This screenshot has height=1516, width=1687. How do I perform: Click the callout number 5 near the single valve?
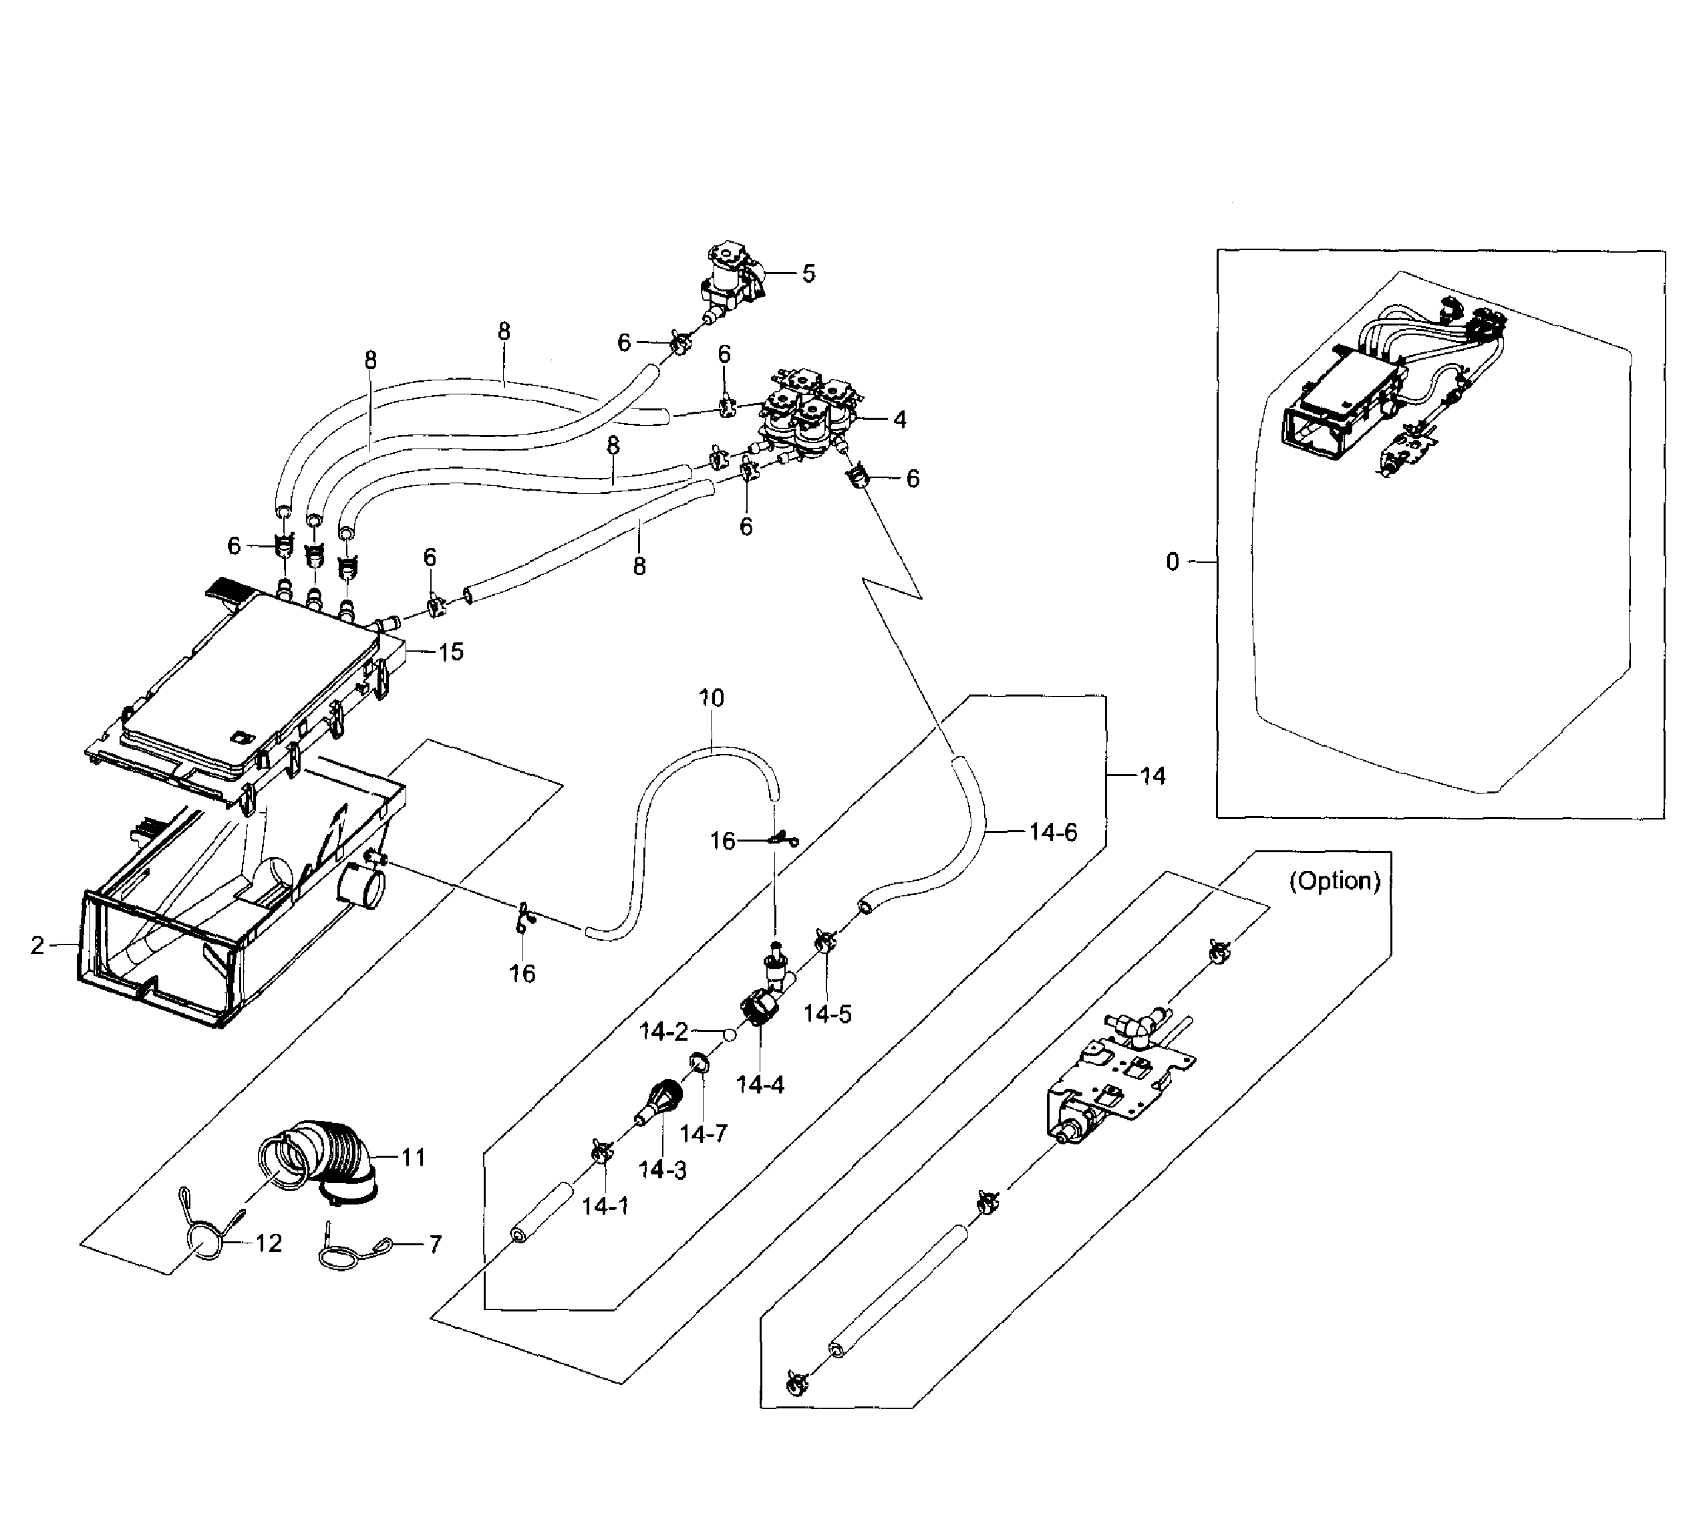[808, 274]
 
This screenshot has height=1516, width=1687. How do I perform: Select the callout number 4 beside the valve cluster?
[899, 420]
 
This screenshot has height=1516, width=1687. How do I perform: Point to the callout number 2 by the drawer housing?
[37, 944]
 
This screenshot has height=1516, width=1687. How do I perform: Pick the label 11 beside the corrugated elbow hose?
[413, 1157]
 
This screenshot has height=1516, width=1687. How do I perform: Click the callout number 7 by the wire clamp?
[435, 1245]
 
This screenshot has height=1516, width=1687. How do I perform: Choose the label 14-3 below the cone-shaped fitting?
[663, 1170]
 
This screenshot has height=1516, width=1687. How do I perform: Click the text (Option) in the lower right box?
[1335, 881]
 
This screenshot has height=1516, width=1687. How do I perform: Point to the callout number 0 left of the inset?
[1173, 562]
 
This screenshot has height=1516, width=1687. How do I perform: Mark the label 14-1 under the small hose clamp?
[605, 1206]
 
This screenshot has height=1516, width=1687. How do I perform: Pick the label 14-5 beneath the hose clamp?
[827, 1014]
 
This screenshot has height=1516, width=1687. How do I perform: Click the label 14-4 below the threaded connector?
[760, 1084]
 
